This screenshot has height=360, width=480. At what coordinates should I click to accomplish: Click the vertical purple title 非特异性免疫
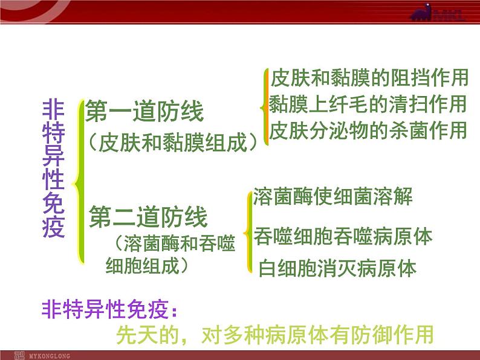tap(54, 169)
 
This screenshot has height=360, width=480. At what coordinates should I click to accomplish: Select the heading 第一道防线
tap(144, 111)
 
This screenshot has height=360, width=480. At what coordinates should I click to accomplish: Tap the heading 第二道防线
tap(148, 217)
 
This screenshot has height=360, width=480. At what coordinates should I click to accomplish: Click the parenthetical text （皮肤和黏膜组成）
tap(173, 143)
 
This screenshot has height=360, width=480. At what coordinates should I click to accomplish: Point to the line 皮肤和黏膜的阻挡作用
tap(369, 78)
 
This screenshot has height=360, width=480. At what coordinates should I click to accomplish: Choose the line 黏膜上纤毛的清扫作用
tap(368, 104)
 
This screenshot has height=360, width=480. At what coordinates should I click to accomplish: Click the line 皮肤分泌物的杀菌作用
tap(368, 130)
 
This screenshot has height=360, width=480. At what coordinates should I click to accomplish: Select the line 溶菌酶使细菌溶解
tap(333, 196)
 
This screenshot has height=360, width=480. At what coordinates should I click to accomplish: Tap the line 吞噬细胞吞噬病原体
tap(343, 236)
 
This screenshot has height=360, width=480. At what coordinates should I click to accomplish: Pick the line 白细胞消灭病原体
tap(338, 268)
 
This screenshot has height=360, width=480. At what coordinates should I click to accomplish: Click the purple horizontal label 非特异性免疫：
tap(109, 309)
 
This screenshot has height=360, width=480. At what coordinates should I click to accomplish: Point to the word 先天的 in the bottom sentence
tap(148, 335)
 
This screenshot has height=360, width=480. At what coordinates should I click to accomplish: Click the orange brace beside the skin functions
tap(265, 107)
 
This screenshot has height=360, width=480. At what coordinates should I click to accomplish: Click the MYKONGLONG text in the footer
tap(50, 356)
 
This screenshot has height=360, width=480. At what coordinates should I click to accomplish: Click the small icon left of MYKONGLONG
tap(19, 356)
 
